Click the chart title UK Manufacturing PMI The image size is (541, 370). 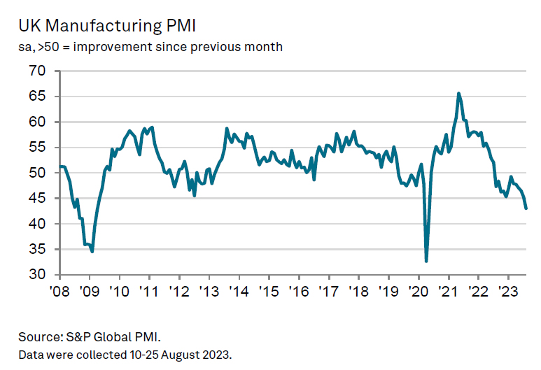point(107,26)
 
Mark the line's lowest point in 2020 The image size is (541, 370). point(426,261)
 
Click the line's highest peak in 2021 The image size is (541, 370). point(458,93)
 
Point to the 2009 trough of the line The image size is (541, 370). point(92,251)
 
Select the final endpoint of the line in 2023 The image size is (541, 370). point(526,208)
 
